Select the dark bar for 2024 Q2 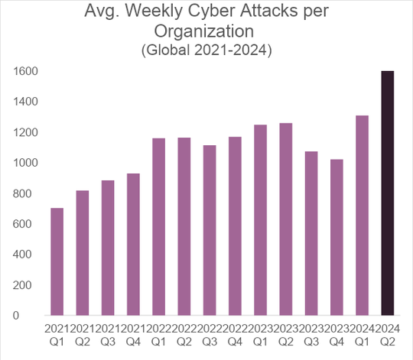[x=389, y=193]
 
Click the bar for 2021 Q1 [x=57, y=261]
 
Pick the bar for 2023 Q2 [x=286, y=219]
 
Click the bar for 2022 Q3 [x=210, y=230]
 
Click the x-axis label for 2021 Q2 [x=82, y=333]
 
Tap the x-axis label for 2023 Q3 [x=311, y=333]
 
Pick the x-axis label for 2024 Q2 [x=389, y=333]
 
